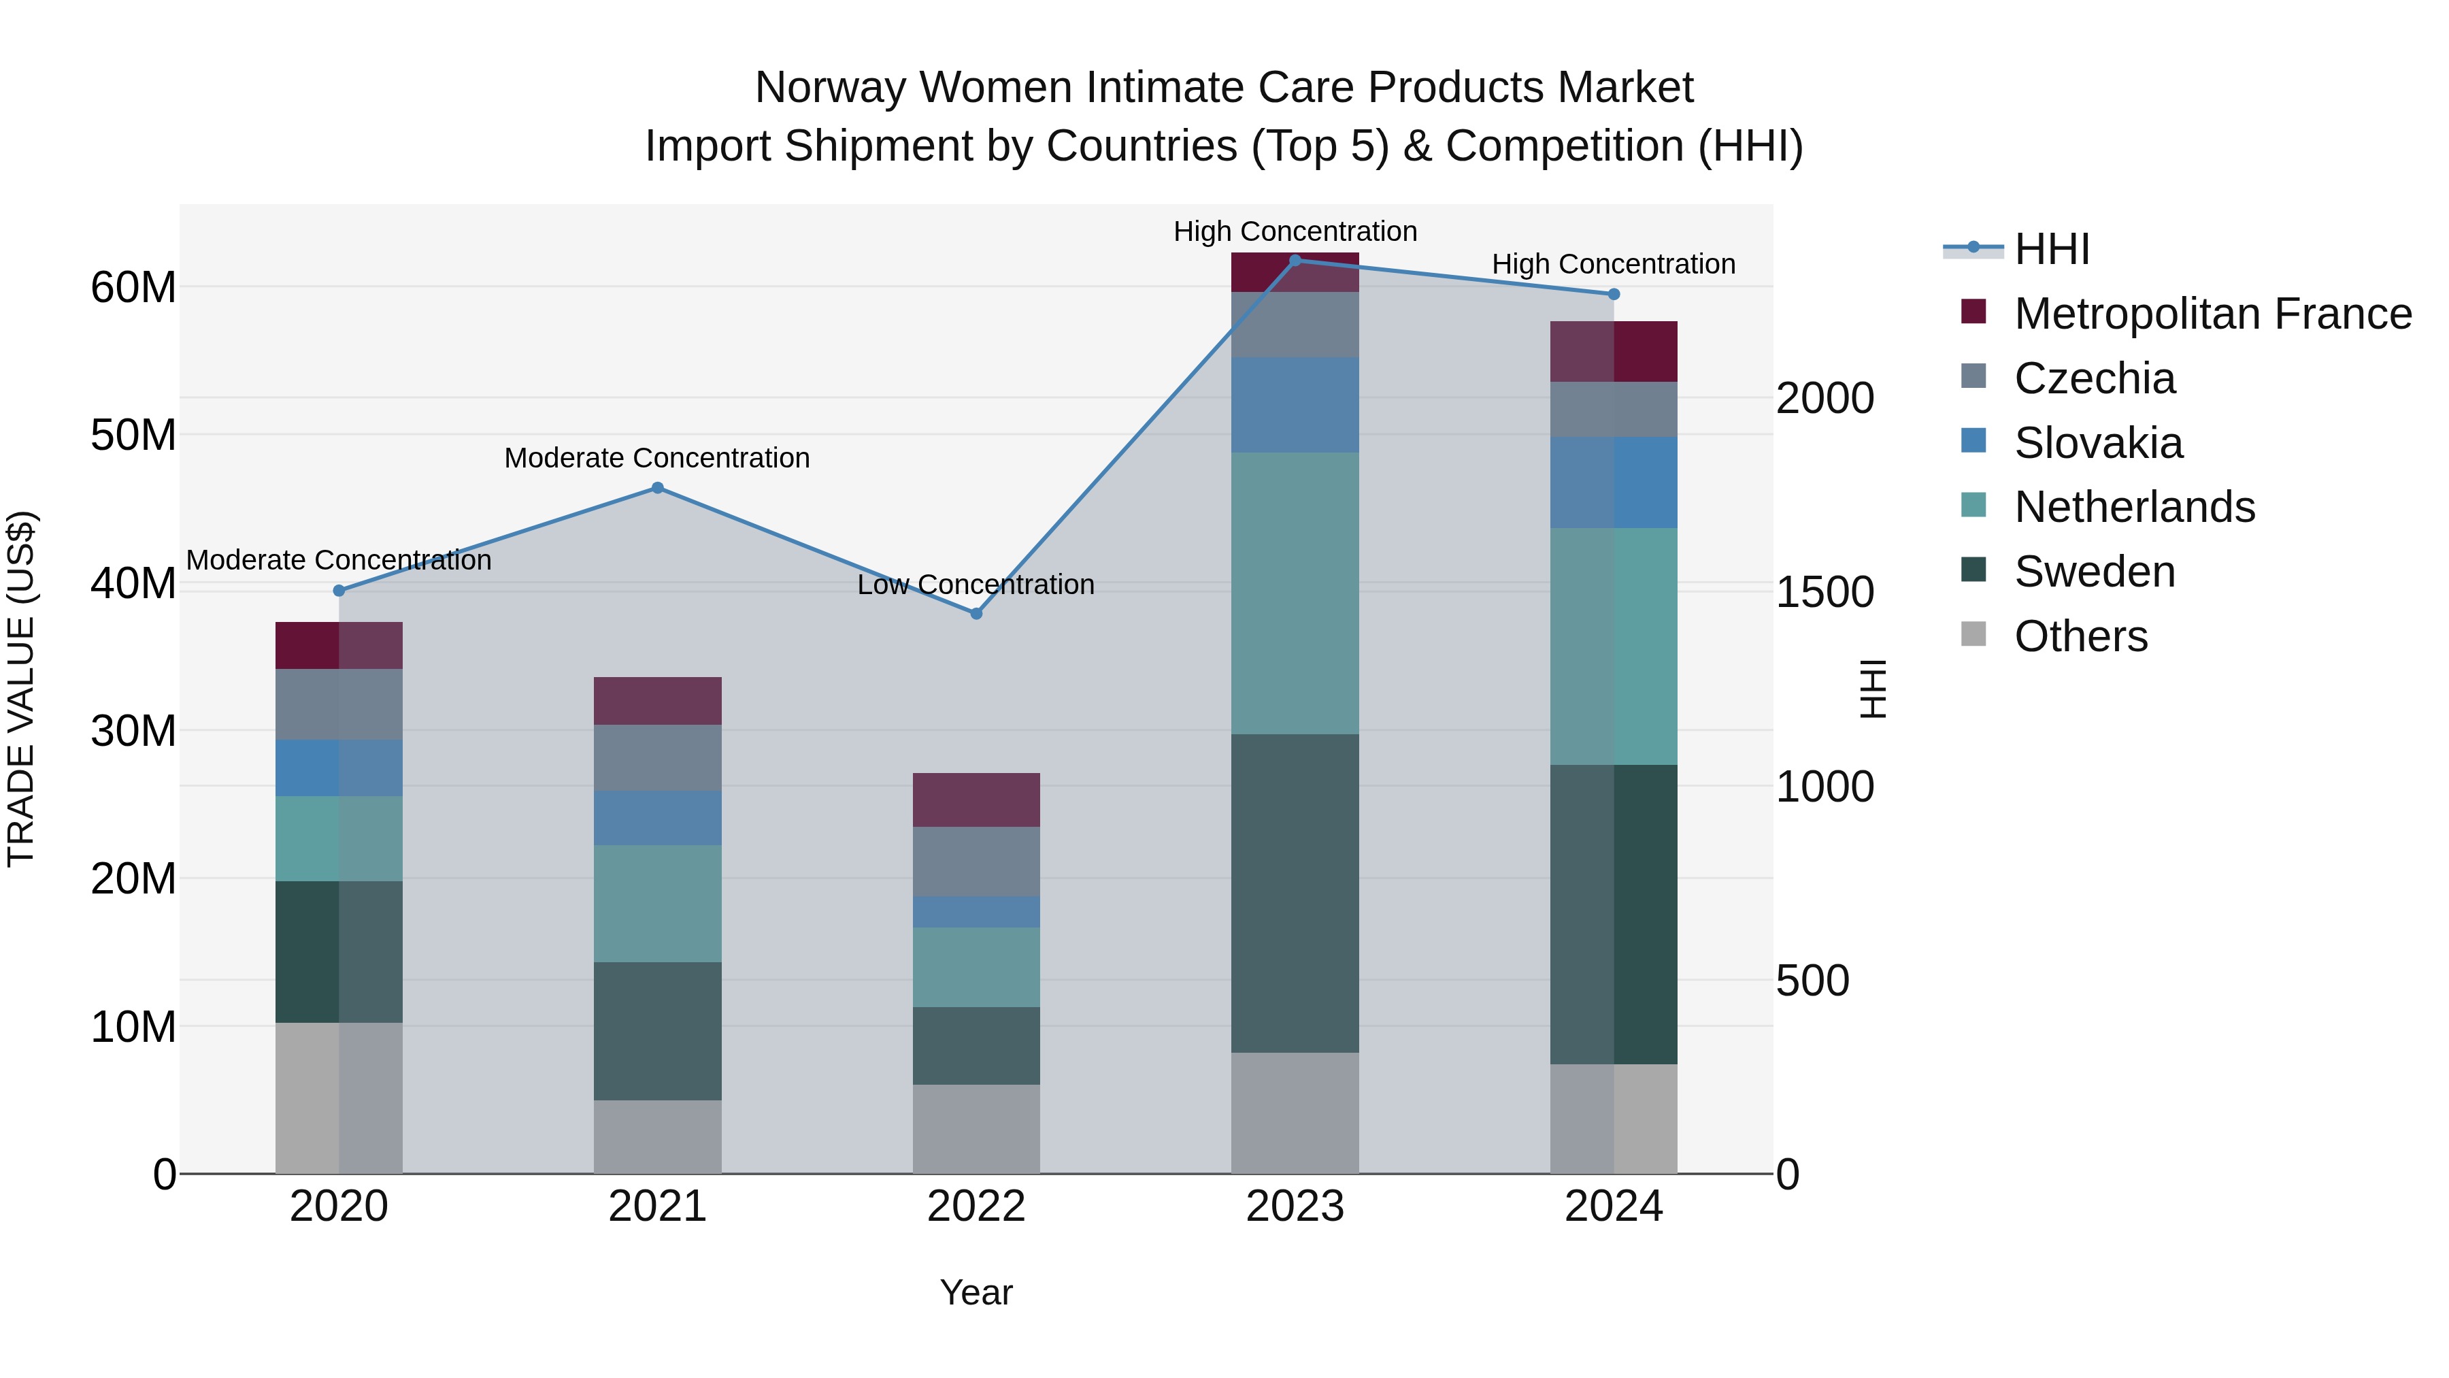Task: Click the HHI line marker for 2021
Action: tap(657, 488)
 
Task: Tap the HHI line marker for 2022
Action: tap(976, 613)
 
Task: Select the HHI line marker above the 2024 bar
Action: tap(1614, 295)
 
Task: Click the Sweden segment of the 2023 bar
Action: tap(1295, 892)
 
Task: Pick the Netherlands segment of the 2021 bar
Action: tap(657, 904)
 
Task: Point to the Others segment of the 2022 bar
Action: tap(976, 1129)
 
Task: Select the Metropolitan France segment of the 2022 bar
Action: tap(976, 800)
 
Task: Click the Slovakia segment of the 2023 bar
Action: tap(1295, 405)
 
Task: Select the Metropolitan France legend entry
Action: tap(2212, 314)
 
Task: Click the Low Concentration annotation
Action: tap(976, 584)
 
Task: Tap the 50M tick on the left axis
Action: tap(133, 435)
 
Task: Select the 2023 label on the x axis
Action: tap(1295, 1207)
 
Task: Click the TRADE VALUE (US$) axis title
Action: tap(21, 689)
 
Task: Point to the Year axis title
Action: tap(976, 1292)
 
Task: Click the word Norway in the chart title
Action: tap(831, 88)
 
